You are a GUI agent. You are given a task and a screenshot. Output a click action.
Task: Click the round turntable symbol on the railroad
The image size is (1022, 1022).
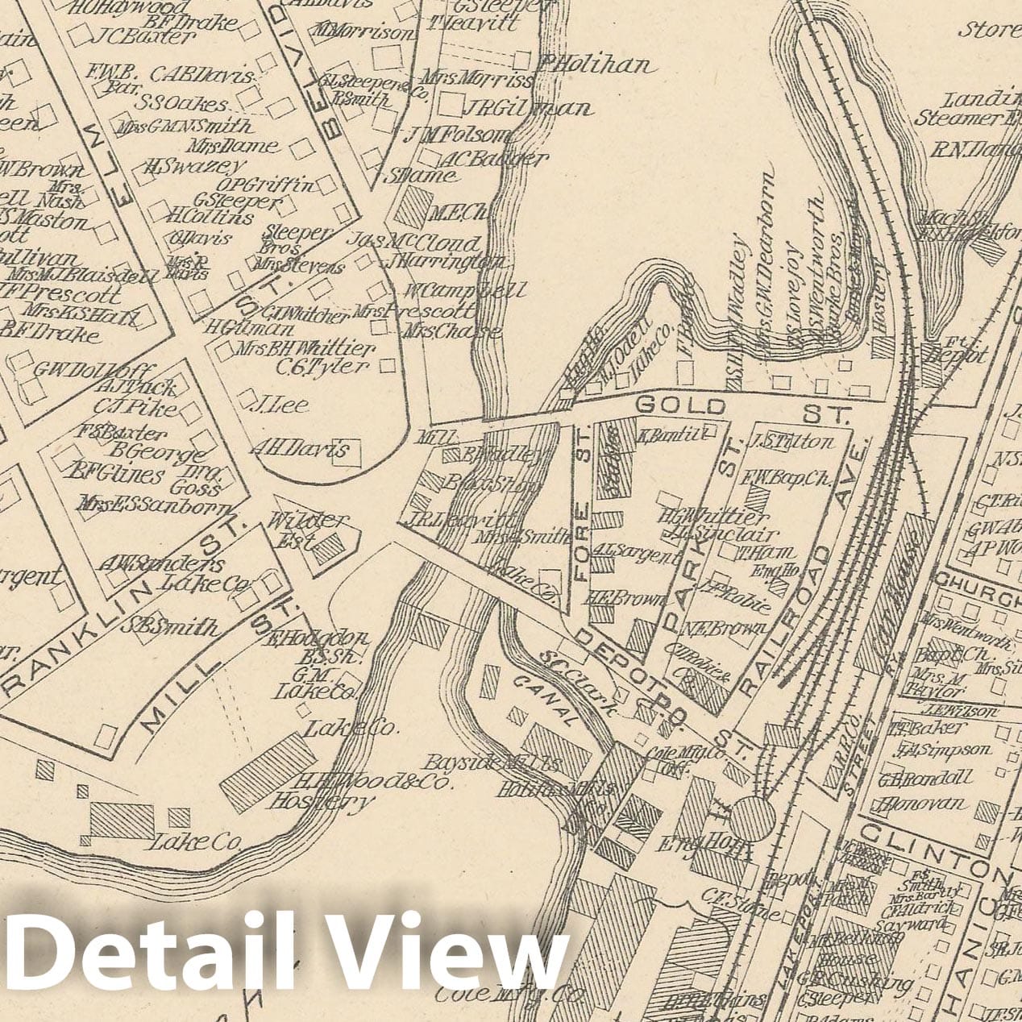(754, 819)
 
